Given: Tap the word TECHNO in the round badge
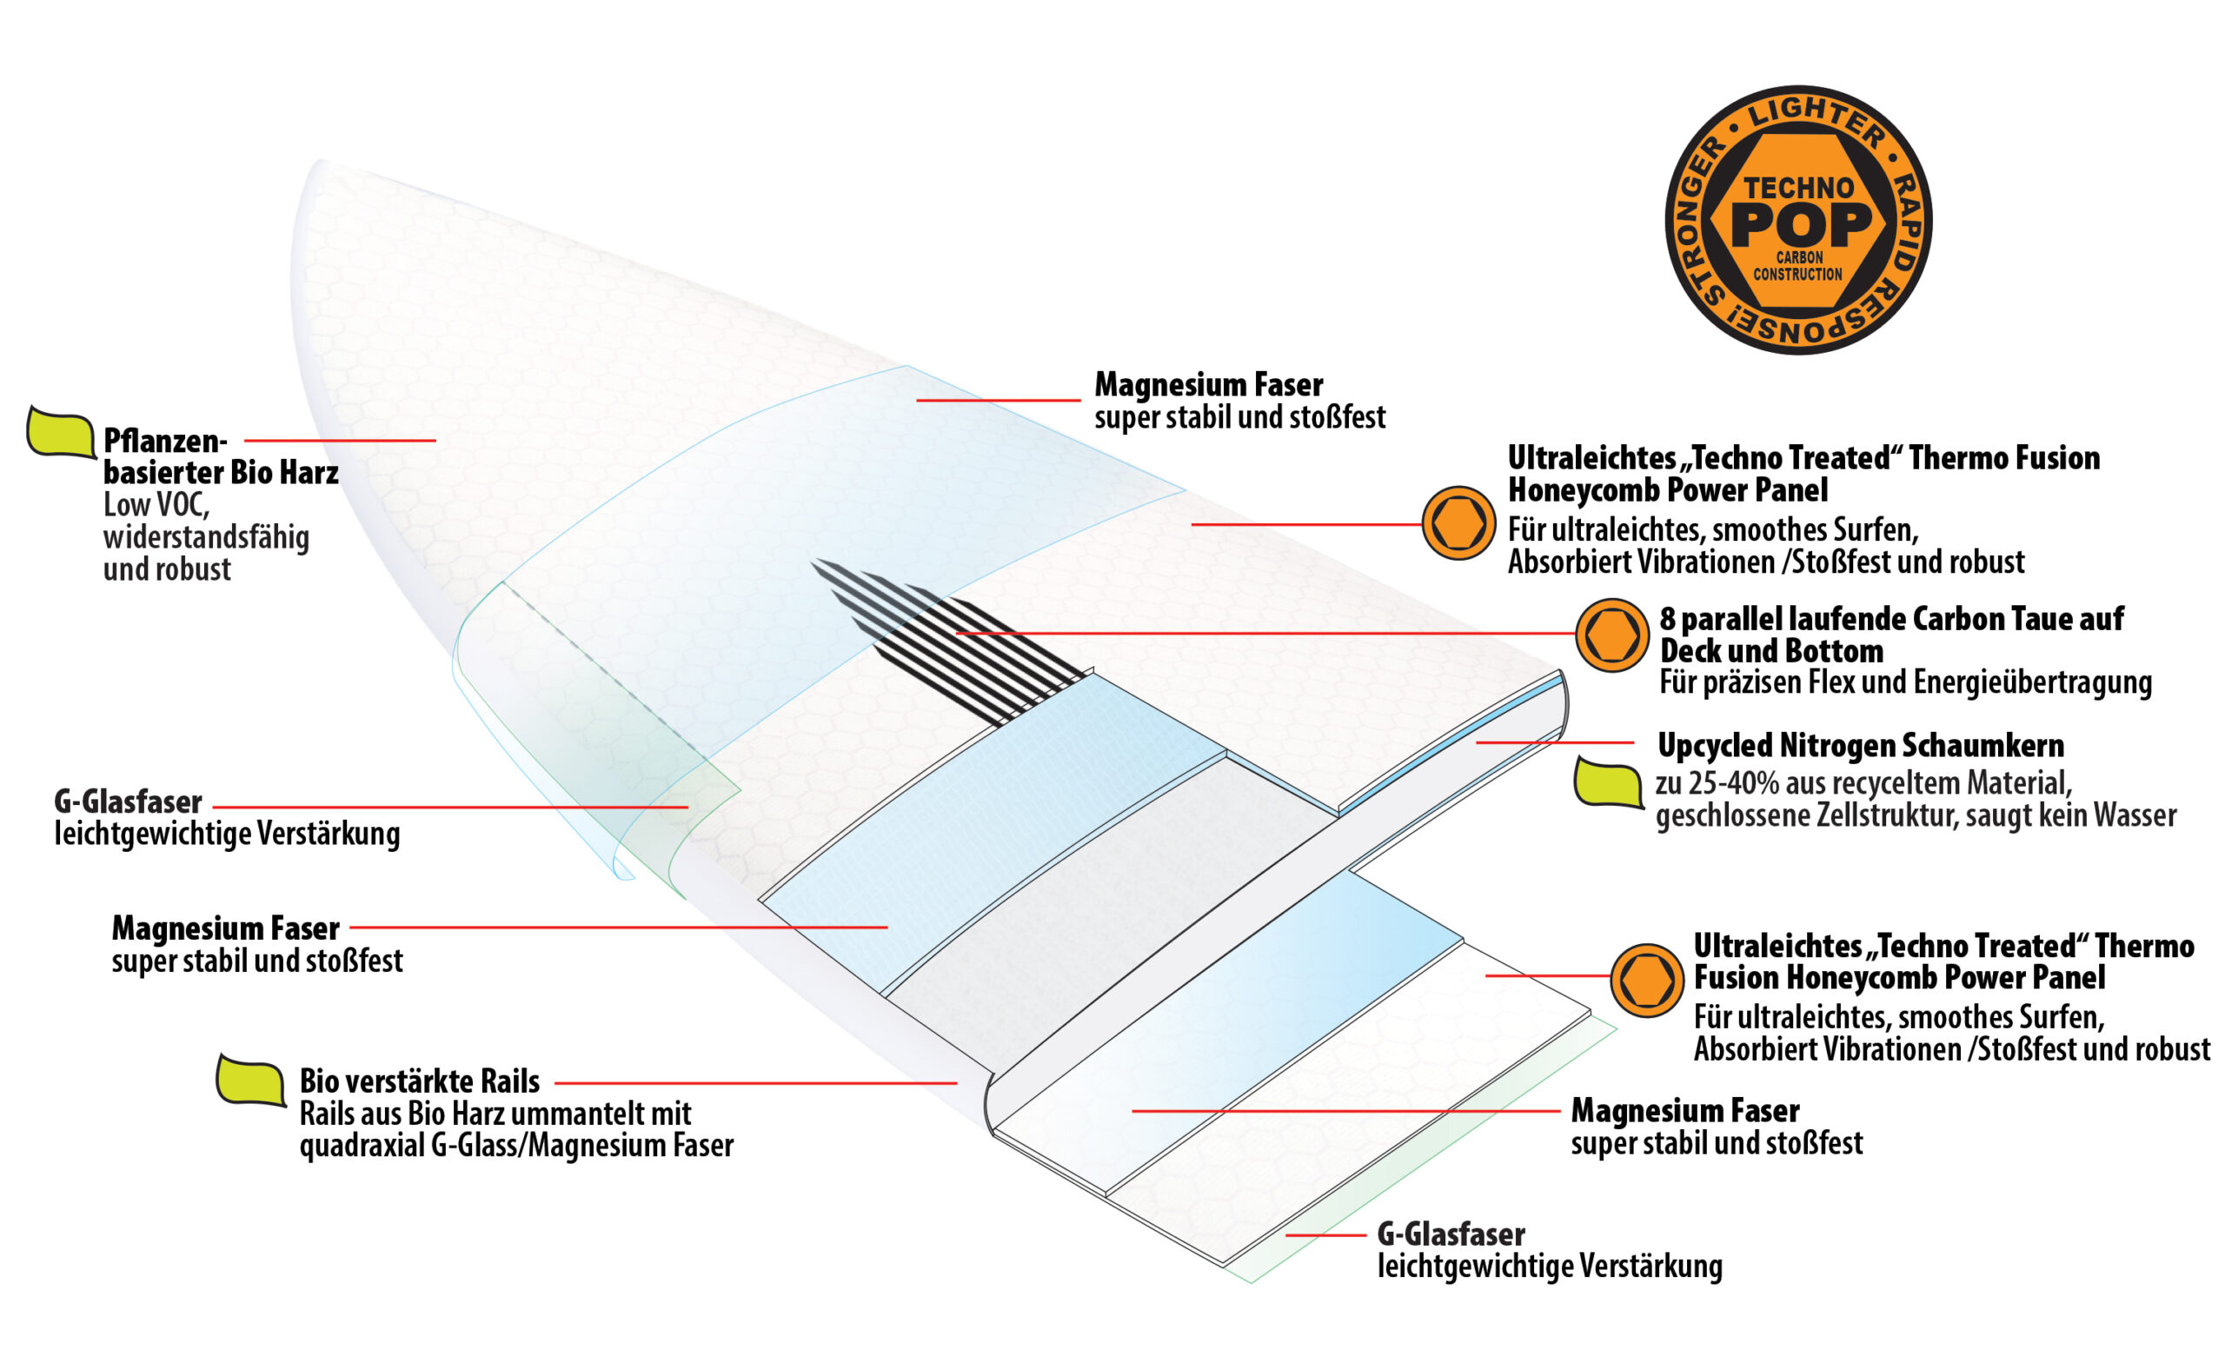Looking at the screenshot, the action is click(x=1799, y=188).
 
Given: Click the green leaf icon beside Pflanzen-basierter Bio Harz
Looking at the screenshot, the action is click(x=61, y=431).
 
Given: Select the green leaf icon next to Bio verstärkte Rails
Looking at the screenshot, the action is click(x=251, y=1080).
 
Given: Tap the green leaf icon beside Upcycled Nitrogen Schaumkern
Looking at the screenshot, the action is click(x=1608, y=782).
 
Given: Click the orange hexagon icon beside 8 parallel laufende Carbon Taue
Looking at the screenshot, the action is click(x=1611, y=635).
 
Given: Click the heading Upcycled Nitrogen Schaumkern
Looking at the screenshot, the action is click(x=1861, y=746).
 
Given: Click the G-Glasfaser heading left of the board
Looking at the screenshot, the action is click(x=128, y=801).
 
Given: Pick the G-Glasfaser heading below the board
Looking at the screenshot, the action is click(x=1451, y=1234).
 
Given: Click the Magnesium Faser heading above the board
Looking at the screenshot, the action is click(x=1208, y=385).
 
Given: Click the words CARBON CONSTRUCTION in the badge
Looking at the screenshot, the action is click(x=1798, y=265).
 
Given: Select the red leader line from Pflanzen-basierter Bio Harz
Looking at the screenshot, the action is click(x=340, y=441).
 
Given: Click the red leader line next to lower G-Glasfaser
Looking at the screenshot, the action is click(x=1325, y=1234).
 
